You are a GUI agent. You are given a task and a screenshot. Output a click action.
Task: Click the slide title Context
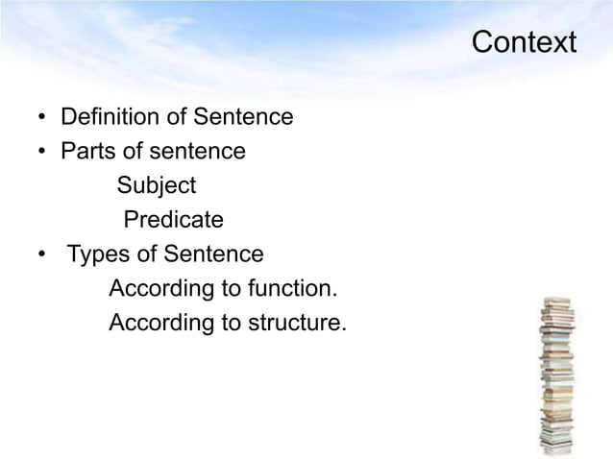point(524,43)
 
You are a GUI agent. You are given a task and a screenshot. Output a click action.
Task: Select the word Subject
point(157,185)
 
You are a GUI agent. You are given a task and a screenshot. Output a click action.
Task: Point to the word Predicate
point(174,220)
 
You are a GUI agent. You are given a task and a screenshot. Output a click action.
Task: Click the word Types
point(97,254)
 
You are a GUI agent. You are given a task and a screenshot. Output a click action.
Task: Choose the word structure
point(297,324)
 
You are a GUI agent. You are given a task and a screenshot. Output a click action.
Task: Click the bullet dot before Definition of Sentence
point(42,119)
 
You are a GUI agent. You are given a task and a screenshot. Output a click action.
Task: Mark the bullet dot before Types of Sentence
point(42,256)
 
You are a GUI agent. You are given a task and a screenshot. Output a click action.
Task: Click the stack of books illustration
point(556,375)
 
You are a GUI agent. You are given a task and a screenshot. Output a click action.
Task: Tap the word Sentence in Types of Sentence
point(213,254)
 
